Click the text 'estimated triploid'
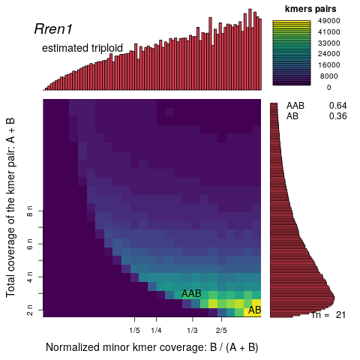click(82, 48)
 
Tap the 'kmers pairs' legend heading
click(310, 8)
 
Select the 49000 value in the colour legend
click(330, 31)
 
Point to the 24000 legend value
click(330, 54)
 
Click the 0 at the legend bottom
click(328, 87)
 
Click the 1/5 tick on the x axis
click(135, 330)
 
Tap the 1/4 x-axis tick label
click(156, 330)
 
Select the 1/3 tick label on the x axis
click(192, 330)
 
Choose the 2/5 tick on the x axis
click(221, 330)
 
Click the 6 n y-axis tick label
click(29, 245)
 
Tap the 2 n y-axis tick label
click(29, 308)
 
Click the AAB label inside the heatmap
click(191, 294)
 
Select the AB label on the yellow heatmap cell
click(254, 310)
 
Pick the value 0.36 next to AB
click(337, 116)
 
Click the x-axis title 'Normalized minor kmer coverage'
click(151, 347)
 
